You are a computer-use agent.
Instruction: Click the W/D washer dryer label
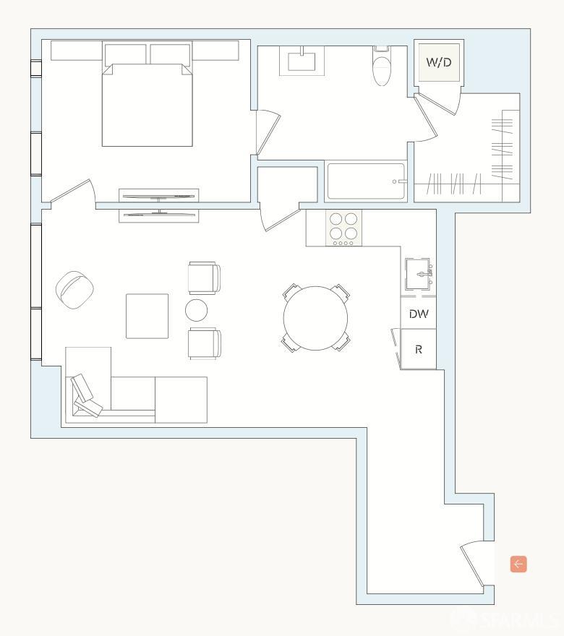point(439,63)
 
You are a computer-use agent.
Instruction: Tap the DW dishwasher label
point(419,314)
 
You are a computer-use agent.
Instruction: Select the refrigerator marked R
point(419,349)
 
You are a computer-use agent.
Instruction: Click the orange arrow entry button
point(518,564)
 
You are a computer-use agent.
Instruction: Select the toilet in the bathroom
point(380,67)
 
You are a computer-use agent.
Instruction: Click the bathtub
point(366,181)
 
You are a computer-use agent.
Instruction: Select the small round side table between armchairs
point(197,310)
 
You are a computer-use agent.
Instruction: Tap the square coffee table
point(148,316)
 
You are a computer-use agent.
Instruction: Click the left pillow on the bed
point(125,55)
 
